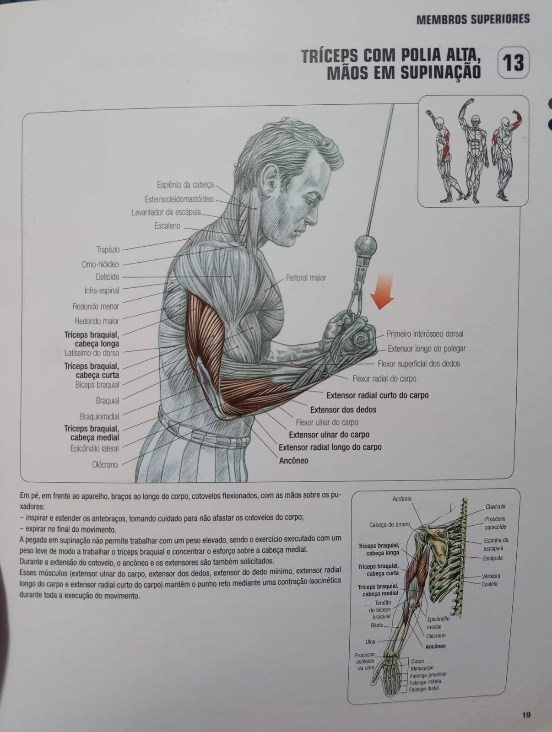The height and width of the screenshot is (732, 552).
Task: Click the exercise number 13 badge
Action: tap(513, 63)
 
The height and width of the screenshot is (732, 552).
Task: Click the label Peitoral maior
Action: tap(306, 277)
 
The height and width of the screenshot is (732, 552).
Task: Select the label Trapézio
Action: tap(108, 249)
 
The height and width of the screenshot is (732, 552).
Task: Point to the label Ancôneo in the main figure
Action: tap(293, 461)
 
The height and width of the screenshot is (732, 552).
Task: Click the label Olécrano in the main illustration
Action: tap(105, 464)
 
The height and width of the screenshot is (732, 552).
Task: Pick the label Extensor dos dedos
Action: tap(343, 409)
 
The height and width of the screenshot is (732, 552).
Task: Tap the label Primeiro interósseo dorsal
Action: tap(425, 334)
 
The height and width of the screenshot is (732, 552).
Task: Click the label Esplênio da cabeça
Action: tap(185, 185)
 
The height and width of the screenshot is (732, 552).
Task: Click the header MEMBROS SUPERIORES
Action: tap(473, 19)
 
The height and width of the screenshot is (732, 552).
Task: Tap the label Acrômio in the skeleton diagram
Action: tap(402, 499)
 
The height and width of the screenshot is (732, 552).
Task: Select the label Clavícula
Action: tap(495, 506)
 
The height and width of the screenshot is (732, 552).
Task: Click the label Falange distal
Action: tap(424, 689)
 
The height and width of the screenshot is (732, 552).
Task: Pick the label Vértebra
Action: tap(491, 576)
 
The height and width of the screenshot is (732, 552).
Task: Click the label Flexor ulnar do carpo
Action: tap(327, 422)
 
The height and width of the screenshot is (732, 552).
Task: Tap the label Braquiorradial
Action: tap(99, 416)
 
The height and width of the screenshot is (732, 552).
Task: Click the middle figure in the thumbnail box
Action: tap(474, 150)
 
